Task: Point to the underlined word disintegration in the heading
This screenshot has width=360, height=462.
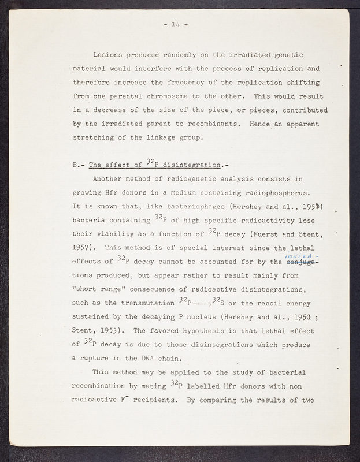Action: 190,164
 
